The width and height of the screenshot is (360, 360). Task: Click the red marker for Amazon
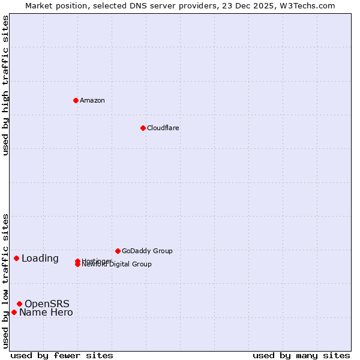coord(76,100)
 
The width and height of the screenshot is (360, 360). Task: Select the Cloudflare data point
coord(143,128)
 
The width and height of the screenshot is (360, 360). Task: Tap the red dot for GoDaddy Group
coord(118,251)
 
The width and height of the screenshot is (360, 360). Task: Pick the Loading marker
coord(16,258)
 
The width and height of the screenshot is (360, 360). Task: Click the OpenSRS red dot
coord(19,304)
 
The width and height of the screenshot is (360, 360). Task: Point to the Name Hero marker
coord(14,312)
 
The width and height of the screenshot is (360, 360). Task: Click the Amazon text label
coord(92,100)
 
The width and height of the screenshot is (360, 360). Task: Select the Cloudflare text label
coord(163,128)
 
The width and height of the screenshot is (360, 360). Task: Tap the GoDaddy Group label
coord(147,251)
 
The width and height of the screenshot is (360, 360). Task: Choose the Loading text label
coord(40,259)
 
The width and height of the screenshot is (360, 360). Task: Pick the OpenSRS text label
coord(47,304)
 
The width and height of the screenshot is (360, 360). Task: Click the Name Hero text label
coord(46,313)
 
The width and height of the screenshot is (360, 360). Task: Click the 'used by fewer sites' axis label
coord(62,355)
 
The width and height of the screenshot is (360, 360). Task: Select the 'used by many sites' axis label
coord(301,355)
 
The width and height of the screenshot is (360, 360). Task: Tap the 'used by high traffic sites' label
coord(5,85)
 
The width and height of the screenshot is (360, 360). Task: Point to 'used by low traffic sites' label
coord(5,281)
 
